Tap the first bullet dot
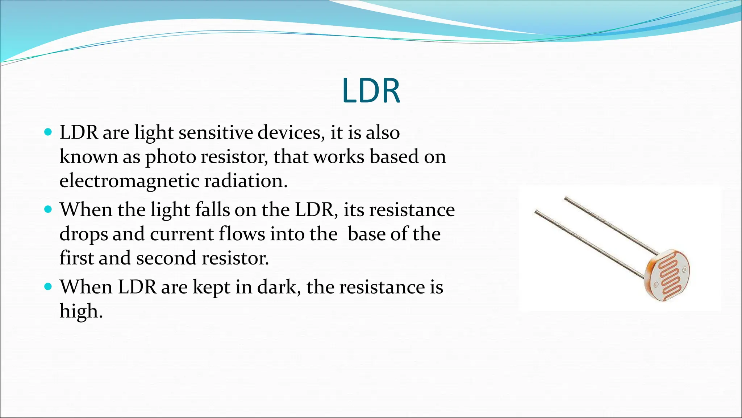(x=48, y=131)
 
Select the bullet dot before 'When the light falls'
(x=48, y=209)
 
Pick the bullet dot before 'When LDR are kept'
(x=48, y=286)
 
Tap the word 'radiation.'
(x=246, y=181)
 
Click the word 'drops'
(x=83, y=234)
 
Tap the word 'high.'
(x=81, y=311)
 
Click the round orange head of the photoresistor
(x=667, y=276)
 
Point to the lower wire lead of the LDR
(x=587, y=243)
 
